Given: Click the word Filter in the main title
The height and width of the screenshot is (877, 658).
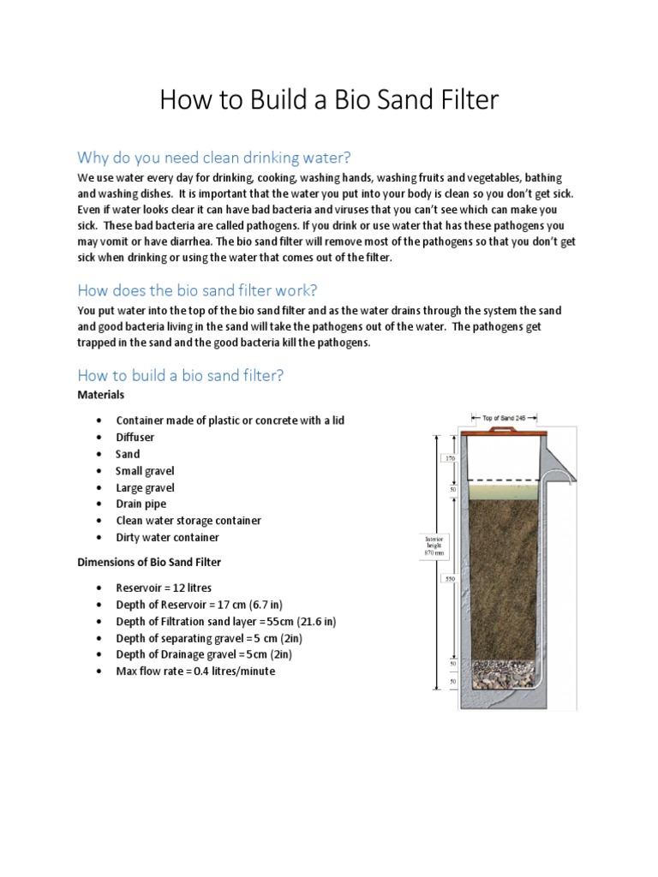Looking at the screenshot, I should [458, 100].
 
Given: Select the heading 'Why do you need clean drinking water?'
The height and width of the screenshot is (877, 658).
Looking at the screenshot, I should [214, 158].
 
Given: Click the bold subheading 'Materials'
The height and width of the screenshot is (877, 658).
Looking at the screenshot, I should [101, 395].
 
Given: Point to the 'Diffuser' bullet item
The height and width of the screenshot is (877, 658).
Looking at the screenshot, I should [135, 437].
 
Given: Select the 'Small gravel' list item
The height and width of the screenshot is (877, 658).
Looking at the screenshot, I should [145, 470].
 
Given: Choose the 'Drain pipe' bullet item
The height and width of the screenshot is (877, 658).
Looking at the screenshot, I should [141, 504].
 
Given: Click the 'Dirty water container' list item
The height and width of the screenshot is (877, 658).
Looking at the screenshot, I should [167, 537].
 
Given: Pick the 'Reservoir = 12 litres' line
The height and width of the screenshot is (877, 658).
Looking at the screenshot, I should [164, 588].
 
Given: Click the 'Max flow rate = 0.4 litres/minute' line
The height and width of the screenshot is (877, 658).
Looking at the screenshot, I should [195, 671].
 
